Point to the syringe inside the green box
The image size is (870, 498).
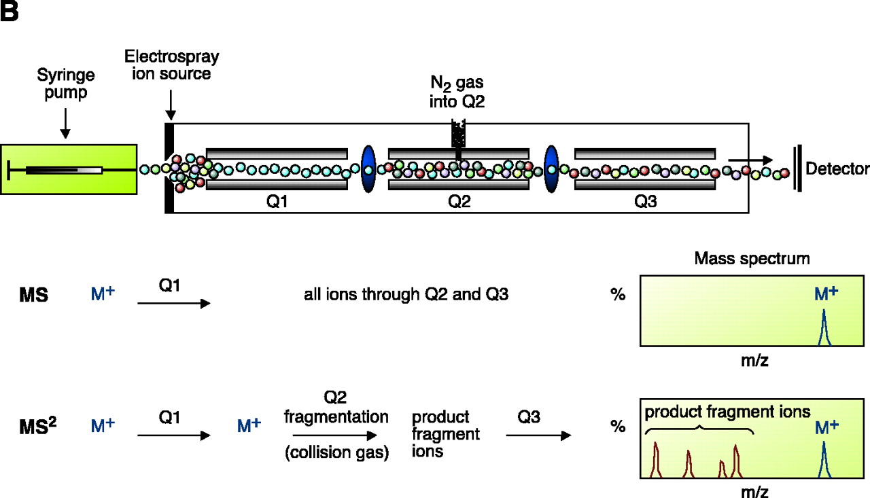(x=65, y=169)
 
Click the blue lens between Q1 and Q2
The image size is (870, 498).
(x=368, y=168)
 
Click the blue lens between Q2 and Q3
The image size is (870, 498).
(x=551, y=168)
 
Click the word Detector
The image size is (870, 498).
(x=837, y=168)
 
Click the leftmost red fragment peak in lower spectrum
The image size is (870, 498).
(x=656, y=459)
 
